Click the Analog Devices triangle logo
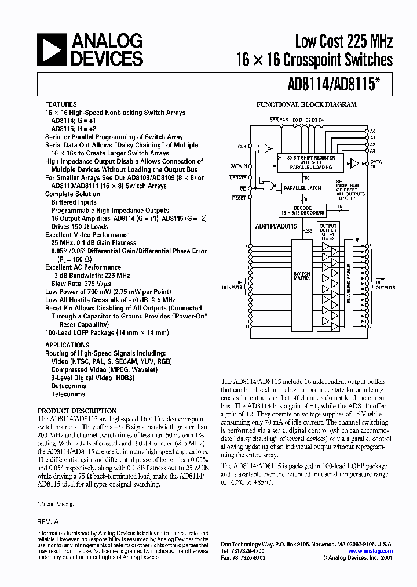pyautogui.click(x=53, y=49)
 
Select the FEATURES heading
pyautogui.click(x=61, y=105)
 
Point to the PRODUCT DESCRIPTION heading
pyautogui.click(x=77, y=411)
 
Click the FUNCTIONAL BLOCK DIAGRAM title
pyautogui.click(x=306, y=105)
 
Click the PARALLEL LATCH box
pyautogui.click(x=302, y=189)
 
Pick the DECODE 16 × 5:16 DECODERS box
pyautogui.click(x=302, y=211)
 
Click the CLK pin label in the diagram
pyautogui.click(x=242, y=147)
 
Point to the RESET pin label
pyautogui.click(x=239, y=198)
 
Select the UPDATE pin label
pyautogui.click(x=238, y=177)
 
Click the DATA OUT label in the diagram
pyautogui.click(x=375, y=164)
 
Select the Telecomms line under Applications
pyautogui.click(x=68, y=394)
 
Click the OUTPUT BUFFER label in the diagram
pyautogui.click(x=328, y=228)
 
